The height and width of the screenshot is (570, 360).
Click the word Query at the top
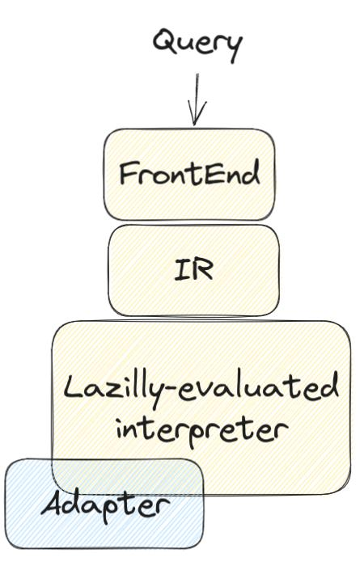tap(197, 45)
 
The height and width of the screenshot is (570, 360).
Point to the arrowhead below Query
tap(197, 112)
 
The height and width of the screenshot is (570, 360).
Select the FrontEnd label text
tap(189, 173)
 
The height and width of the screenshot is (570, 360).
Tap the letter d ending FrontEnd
tap(251, 172)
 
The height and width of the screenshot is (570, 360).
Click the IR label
tap(193, 269)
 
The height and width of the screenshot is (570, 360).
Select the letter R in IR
tap(203, 269)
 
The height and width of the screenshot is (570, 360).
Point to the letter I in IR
tap(182, 270)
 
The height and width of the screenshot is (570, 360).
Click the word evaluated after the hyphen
tap(259, 386)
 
